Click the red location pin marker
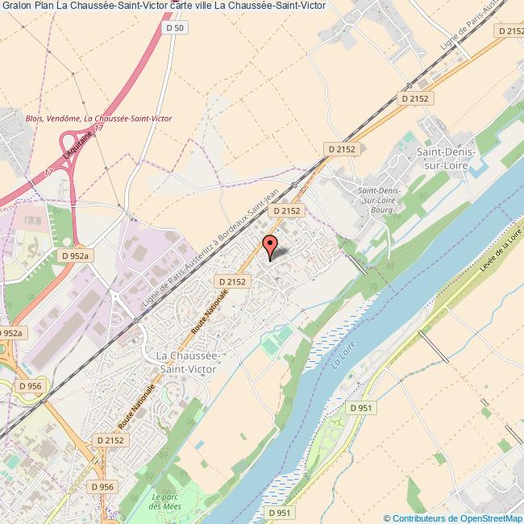[x=270, y=245]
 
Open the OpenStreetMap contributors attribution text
[x=453, y=518]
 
